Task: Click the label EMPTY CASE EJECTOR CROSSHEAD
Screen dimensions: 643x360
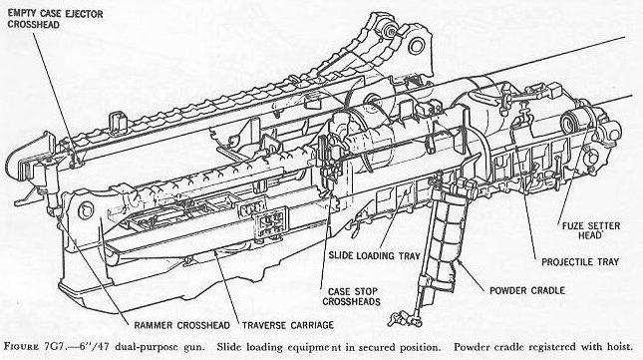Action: click(56, 19)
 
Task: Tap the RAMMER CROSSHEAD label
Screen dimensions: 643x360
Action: click(181, 325)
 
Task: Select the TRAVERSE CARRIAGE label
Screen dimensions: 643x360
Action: click(288, 325)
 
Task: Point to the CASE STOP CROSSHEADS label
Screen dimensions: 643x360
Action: click(352, 296)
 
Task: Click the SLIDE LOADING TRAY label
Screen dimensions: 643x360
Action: click(375, 255)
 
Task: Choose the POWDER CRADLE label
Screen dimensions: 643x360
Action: click(527, 291)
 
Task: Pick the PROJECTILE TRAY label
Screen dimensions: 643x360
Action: click(580, 262)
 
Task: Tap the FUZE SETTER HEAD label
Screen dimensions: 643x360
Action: click(591, 230)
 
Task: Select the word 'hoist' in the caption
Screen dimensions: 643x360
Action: click(620, 347)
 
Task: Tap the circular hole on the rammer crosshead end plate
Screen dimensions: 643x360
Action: click(86, 210)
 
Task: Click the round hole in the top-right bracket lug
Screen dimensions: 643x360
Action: click(417, 45)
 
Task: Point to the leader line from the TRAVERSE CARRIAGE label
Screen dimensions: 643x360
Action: click(226, 285)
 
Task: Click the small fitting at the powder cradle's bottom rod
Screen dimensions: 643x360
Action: click(404, 318)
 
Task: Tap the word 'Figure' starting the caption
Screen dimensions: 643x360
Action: click(21, 347)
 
